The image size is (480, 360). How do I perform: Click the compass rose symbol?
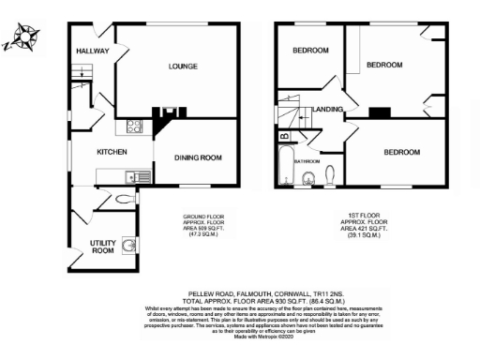click(20, 42)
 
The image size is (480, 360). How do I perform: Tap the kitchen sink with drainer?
click(137, 175)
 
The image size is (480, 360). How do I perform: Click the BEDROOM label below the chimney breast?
click(398, 152)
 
